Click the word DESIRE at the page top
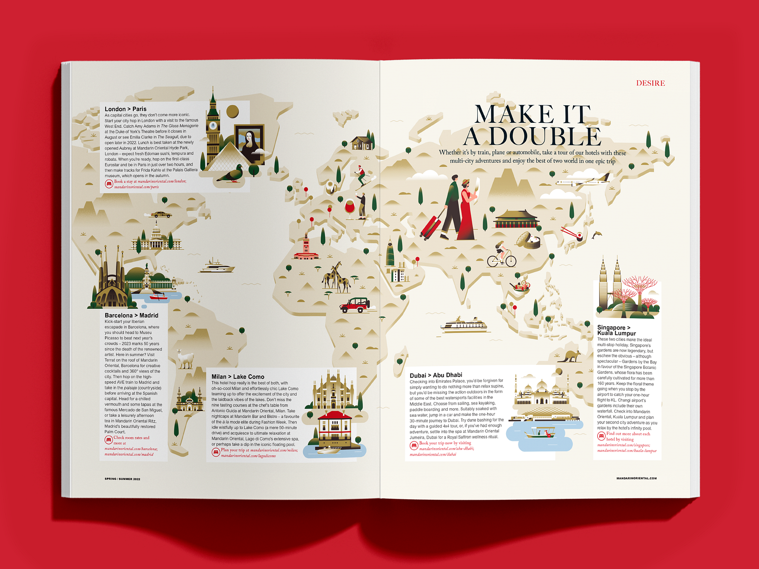point(650,83)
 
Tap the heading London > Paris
point(126,109)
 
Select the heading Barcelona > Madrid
point(131,315)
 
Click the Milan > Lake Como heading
point(238,377)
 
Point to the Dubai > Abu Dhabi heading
point(435,375)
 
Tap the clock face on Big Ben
point(213,126)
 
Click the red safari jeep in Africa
point(355,305)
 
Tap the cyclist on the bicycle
point(501,256)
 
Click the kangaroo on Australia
point(569,356)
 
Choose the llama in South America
point(185,359)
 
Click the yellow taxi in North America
point(161,215)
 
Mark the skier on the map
point(363,176)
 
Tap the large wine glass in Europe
point(350,208)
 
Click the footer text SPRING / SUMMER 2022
point(122,479)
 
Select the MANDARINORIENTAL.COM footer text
point(636,478)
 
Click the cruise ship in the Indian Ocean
point(463,325)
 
